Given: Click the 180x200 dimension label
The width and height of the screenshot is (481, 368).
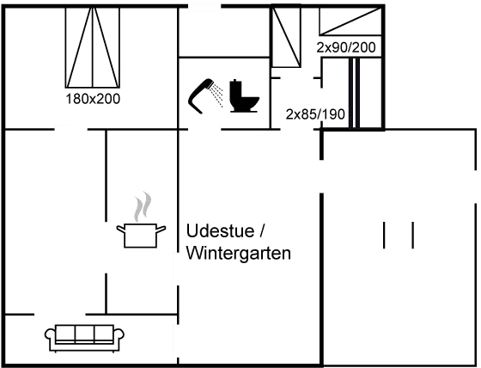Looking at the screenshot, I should (92, 99).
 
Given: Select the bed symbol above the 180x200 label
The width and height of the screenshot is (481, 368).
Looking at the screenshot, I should (94, 48).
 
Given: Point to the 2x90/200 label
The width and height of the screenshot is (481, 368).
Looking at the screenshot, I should (346, 46).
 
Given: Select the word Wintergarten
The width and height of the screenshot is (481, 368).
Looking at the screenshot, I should (239, 254).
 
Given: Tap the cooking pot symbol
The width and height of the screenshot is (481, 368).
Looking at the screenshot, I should (140, 234).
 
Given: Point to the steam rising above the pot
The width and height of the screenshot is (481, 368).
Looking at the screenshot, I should (141, 207).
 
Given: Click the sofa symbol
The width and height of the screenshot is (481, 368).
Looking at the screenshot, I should (82, 336).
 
